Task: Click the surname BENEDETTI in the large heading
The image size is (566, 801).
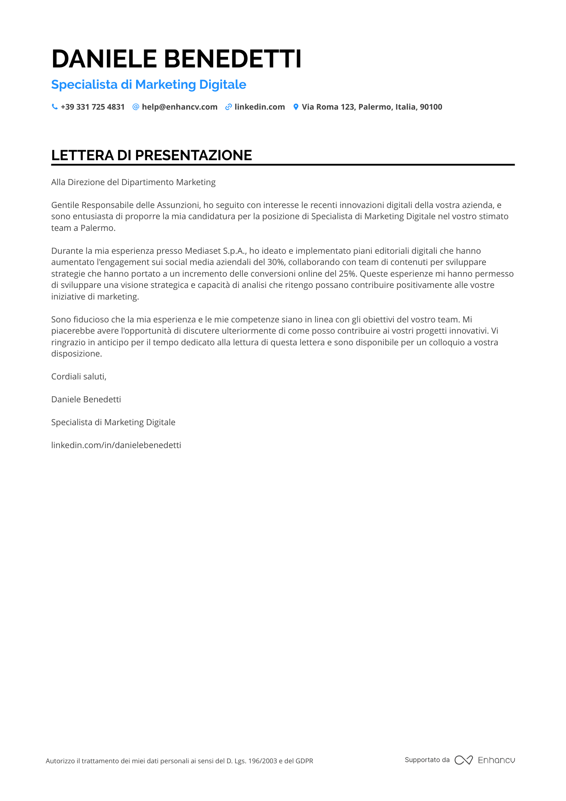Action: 232,59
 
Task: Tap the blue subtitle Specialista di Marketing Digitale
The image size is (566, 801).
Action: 149,85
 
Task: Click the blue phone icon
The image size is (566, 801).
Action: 55,107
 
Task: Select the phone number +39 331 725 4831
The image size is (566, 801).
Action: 93,107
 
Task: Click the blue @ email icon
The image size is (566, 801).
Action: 136,107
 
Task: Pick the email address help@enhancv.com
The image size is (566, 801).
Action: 179,107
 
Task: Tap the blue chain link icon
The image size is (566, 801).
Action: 228,107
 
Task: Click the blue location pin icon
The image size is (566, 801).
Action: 296,107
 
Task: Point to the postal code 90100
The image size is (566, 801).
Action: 431,107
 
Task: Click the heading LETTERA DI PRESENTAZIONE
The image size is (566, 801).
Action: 151,155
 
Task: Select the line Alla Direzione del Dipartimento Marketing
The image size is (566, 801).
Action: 133,182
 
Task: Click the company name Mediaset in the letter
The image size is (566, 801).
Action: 203,251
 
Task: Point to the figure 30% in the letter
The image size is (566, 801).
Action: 276,262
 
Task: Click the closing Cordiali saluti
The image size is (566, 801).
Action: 79,377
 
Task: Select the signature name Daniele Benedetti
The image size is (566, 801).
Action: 86,399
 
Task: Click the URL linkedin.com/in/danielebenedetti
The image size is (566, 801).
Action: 116,445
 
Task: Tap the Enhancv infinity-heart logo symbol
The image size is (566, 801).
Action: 464,760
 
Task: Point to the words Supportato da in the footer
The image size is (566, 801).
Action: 427,760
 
